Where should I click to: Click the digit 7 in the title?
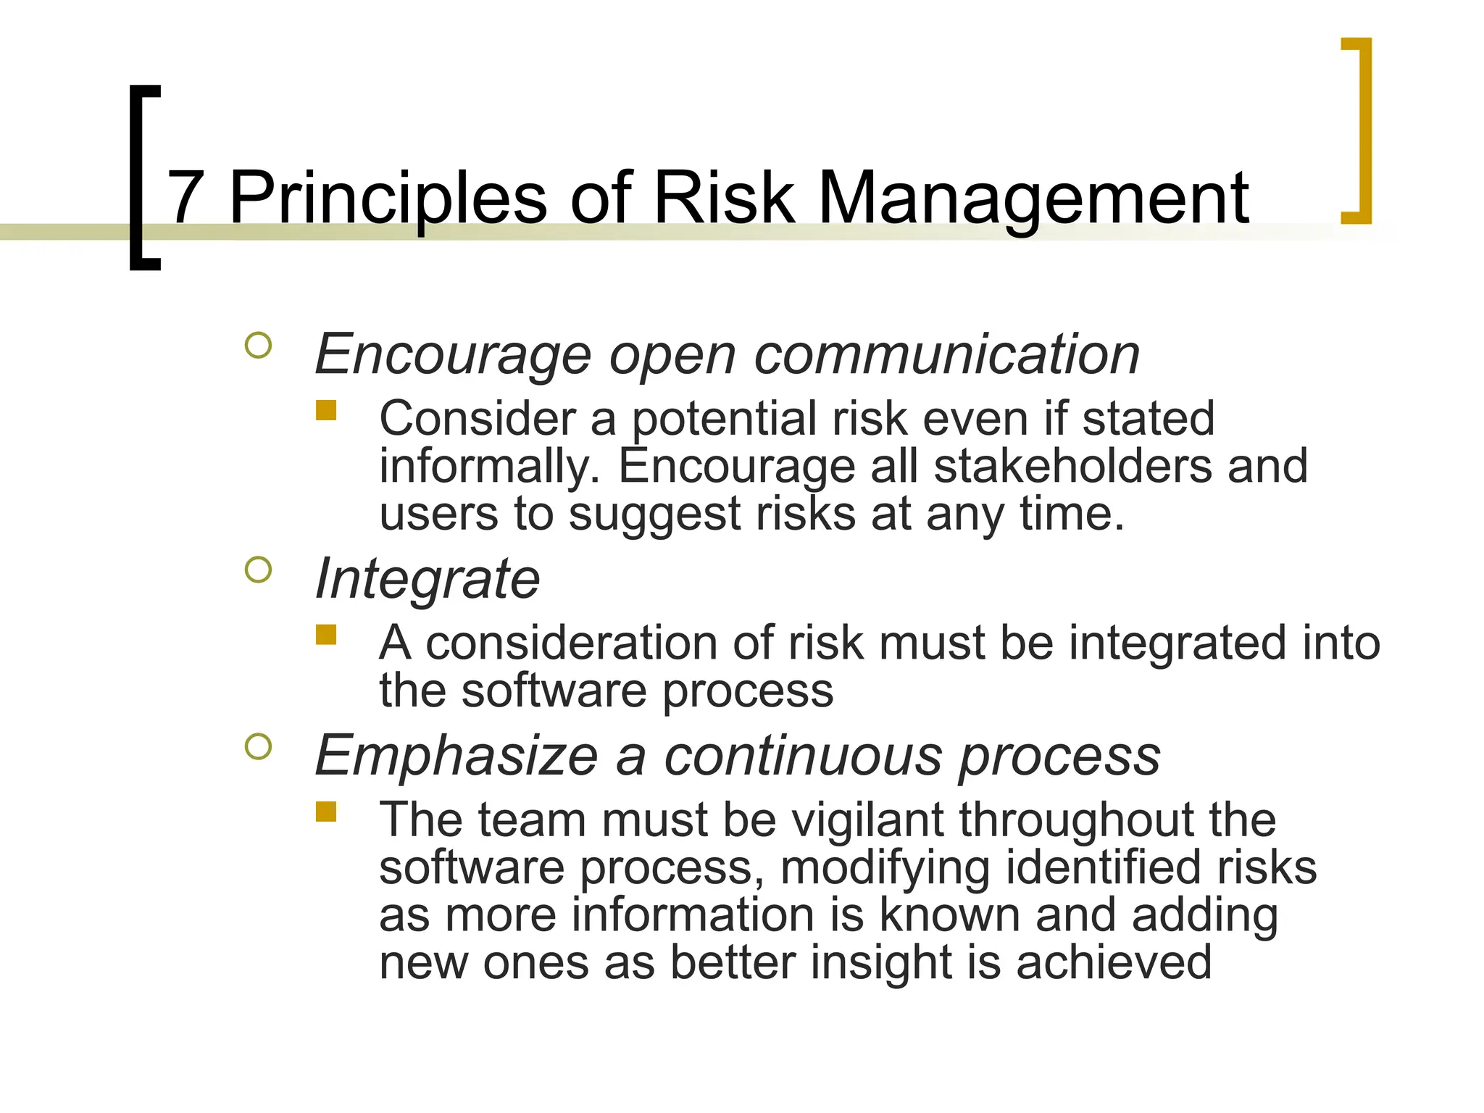pos(185,198)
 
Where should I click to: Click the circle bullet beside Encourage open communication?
pos(259,345)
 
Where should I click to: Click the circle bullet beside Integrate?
pos(259,570)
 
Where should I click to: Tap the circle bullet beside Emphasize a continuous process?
pos(259,746)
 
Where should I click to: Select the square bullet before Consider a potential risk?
pos(326,411)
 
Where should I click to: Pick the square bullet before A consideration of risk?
pos(326,635)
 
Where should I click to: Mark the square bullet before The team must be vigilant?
pos(326,811)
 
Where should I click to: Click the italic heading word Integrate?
pos(428,580)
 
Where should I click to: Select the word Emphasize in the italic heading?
pos(457,756)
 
